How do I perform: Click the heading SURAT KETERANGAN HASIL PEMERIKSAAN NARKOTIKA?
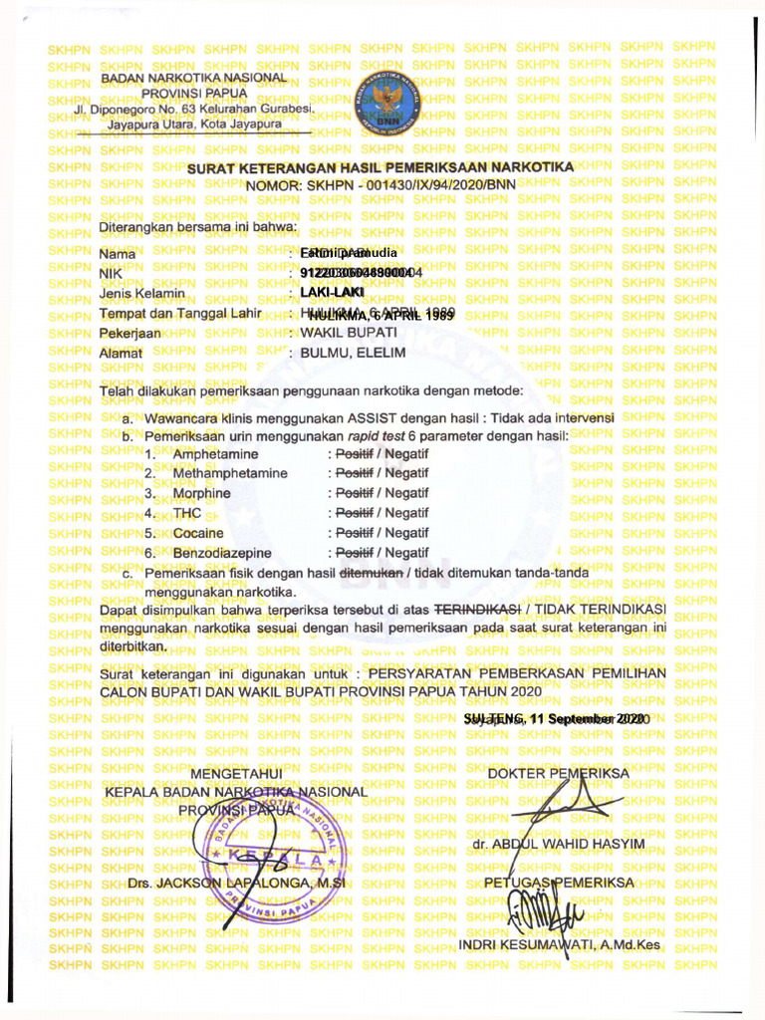381,167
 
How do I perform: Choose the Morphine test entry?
201,493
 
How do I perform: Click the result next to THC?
379,513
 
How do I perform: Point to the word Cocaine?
197,533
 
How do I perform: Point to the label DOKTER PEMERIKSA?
559,773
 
